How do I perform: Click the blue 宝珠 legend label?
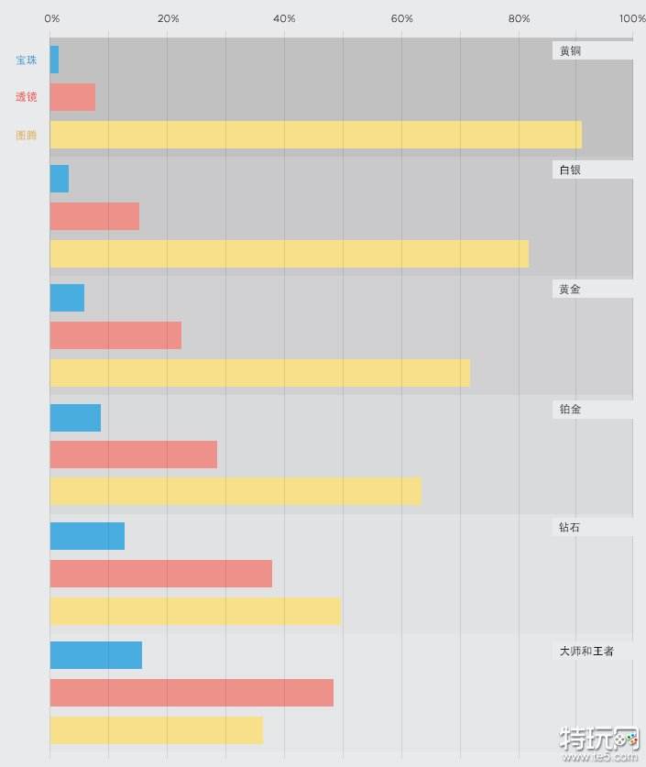(x=27, y=60)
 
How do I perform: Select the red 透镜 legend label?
(x=27, y=97)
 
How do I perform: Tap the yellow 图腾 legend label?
(x=27, y=136)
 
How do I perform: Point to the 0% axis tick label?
(x=52, y=18)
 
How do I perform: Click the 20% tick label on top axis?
(x=169, y=18)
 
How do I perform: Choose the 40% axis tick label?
(x=285, y=18)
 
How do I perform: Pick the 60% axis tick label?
(x=401, y=18)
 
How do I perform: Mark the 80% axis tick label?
(x=519, y=18)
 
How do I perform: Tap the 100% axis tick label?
(x=631, y=18)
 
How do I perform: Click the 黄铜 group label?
(x=570, y=51)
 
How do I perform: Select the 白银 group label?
(x=570, y=170)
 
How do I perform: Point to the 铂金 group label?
(x=570, y=410)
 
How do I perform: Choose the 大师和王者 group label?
(x=586, y=652)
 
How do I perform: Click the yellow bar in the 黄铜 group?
(x=315, y=135)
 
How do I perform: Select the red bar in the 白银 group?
(x=94, y=216)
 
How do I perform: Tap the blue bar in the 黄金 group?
(x=67, y=298)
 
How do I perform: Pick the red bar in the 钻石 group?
(x=160, y=574)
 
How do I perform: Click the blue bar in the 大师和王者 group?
(x=95, y=655)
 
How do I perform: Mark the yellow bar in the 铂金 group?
(x=235, y=491)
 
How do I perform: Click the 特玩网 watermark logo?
(x=599, y=742)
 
